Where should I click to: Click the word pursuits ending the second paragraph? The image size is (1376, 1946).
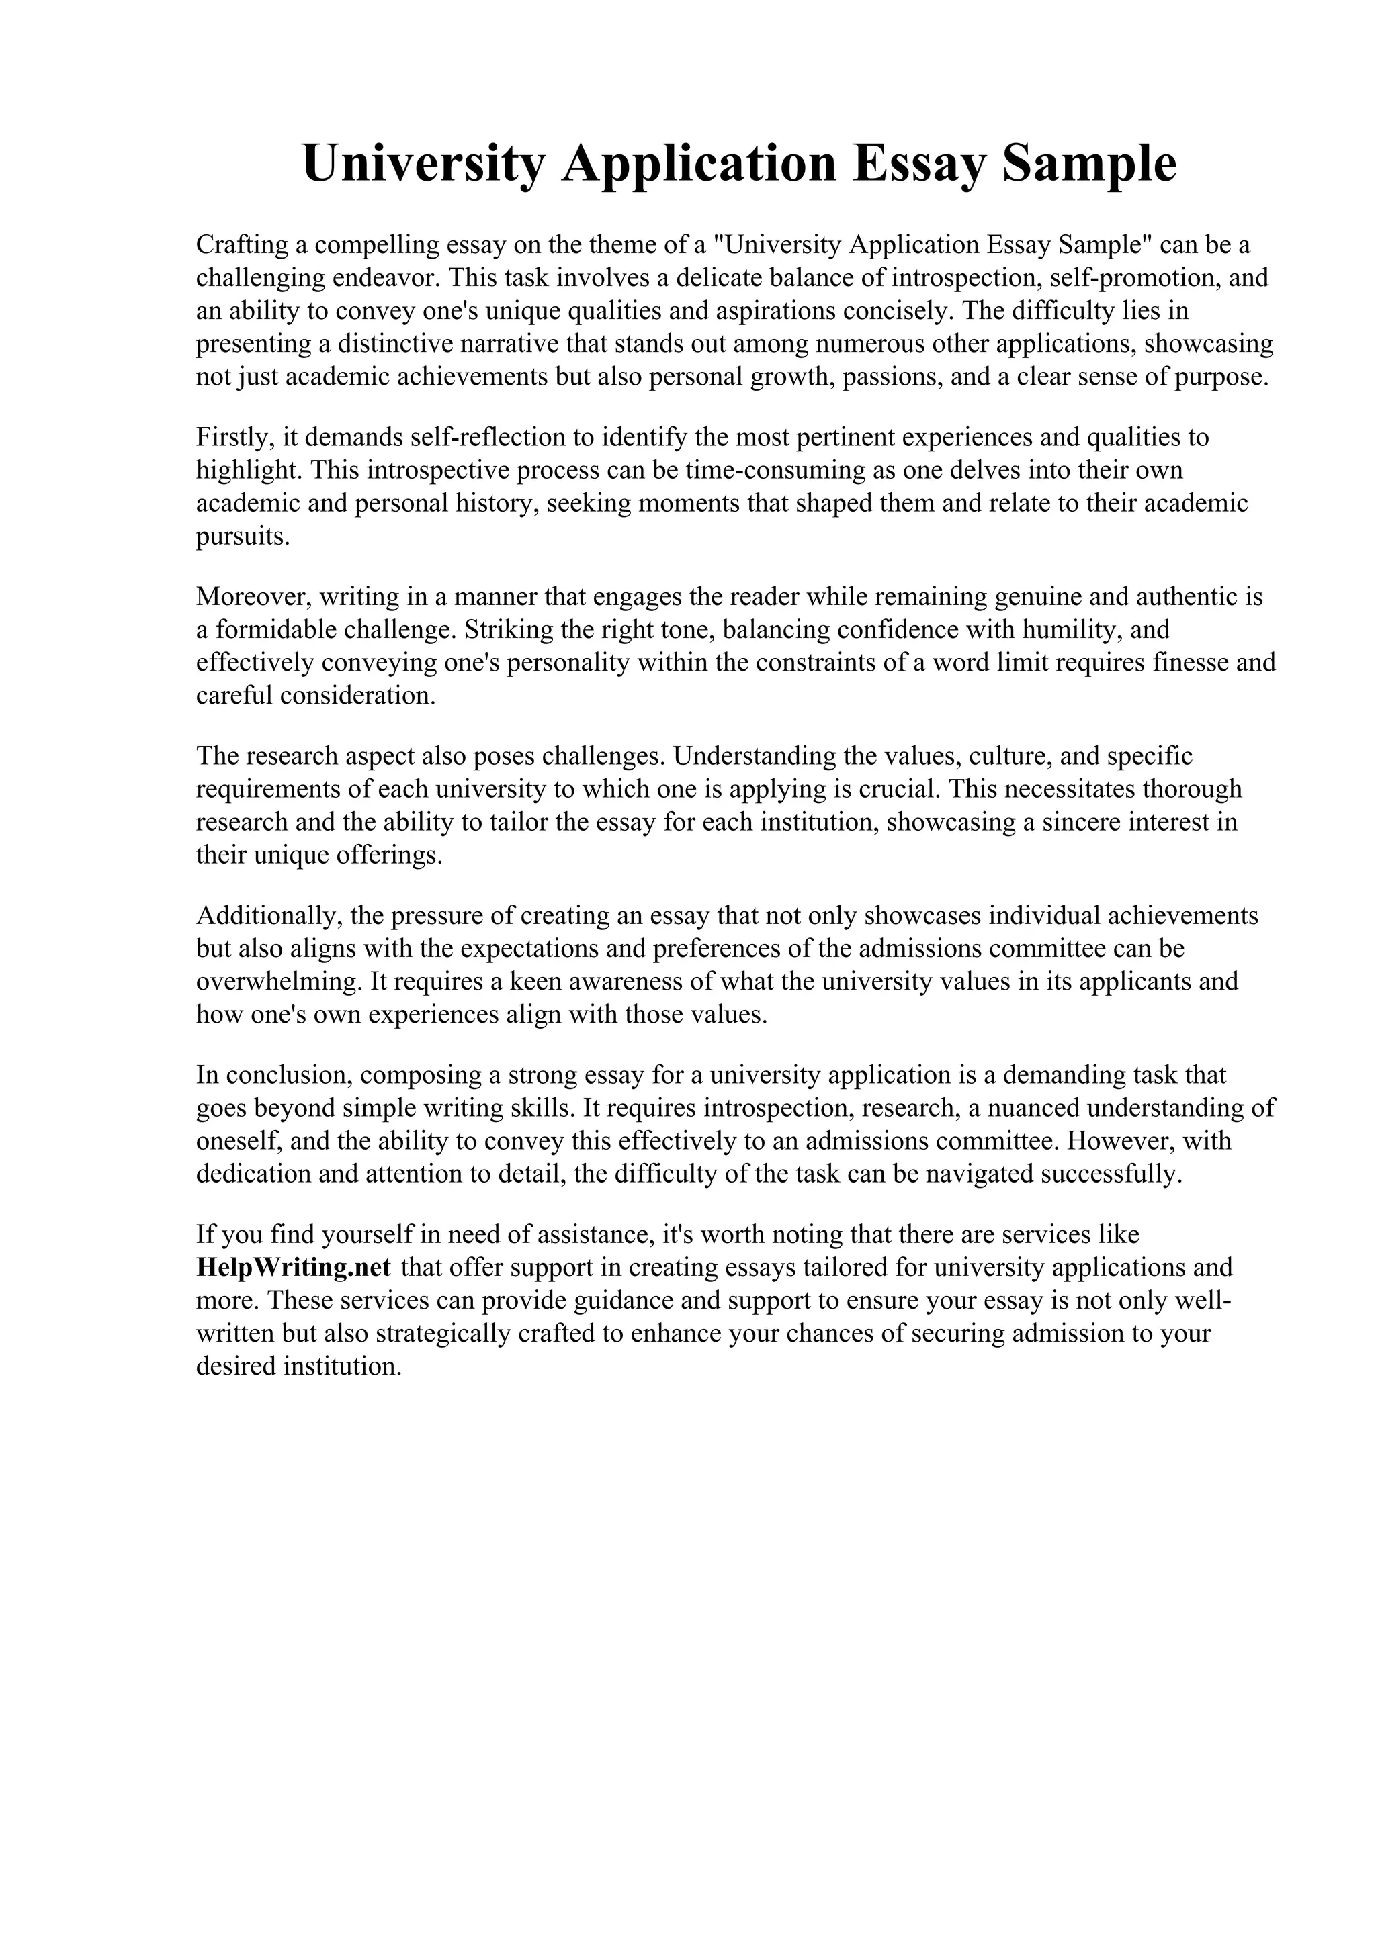tap(242, 537)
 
